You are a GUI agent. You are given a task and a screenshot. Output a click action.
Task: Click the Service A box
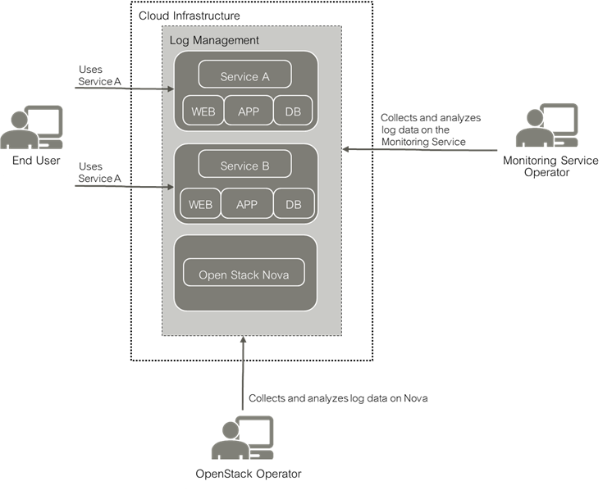244,75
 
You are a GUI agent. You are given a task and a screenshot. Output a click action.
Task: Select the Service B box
244,165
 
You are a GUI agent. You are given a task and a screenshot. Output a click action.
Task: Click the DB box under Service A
292,111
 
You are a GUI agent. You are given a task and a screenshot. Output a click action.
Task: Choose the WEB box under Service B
199,203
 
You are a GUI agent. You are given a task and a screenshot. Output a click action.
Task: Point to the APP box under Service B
246,203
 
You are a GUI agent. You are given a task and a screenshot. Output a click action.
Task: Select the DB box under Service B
292,203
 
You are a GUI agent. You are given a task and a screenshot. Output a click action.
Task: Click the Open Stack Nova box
244,274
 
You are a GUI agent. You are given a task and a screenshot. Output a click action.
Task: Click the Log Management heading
213,39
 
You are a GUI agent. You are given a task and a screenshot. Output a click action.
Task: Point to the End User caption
36,161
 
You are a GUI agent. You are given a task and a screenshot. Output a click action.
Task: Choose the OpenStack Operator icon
243,438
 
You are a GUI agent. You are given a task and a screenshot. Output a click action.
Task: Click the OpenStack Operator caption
249,474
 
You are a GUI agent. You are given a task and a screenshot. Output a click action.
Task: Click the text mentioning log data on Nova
338,397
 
